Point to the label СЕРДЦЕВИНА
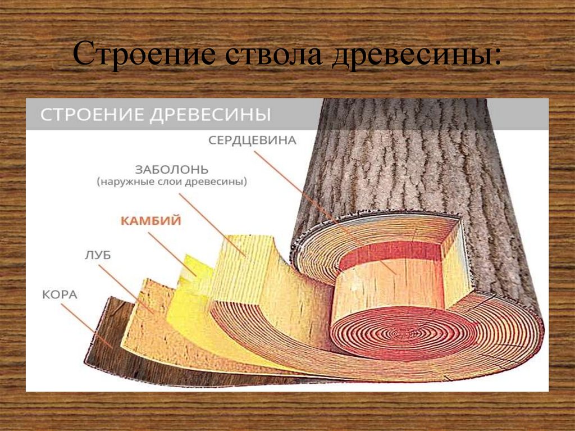[252, 140]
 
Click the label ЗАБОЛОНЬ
[172, 169]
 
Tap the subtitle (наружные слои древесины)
[172, 182]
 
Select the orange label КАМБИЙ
[150, 221]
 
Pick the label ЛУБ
[98, 256]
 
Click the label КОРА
[59, 294]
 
